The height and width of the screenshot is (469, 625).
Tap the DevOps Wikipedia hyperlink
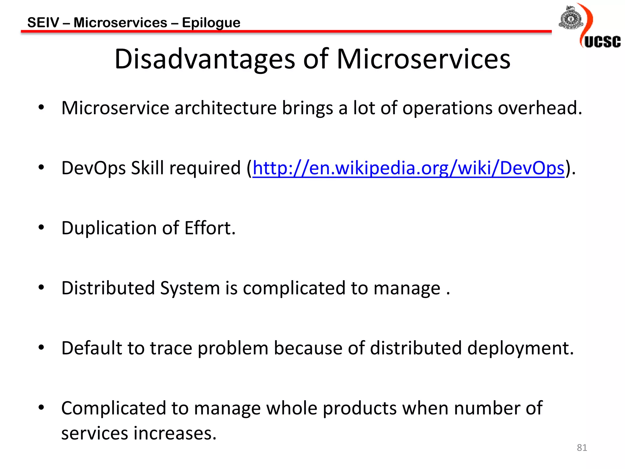click(x=408, y=168)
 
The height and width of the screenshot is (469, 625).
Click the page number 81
click(x=582, y=448)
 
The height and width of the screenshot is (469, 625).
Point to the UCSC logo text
click(x=602, y=42)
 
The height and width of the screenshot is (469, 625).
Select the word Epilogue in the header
click(x=211, y=23)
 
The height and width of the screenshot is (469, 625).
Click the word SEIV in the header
click(x=43, y=23)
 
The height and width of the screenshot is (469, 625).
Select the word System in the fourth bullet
click(x=190, y=289)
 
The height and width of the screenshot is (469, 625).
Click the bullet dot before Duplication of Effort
click(x=41, y=227)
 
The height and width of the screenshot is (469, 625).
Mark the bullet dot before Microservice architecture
click(x=41, y=107)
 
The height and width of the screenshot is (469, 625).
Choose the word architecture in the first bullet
click(x=225, y=108)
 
